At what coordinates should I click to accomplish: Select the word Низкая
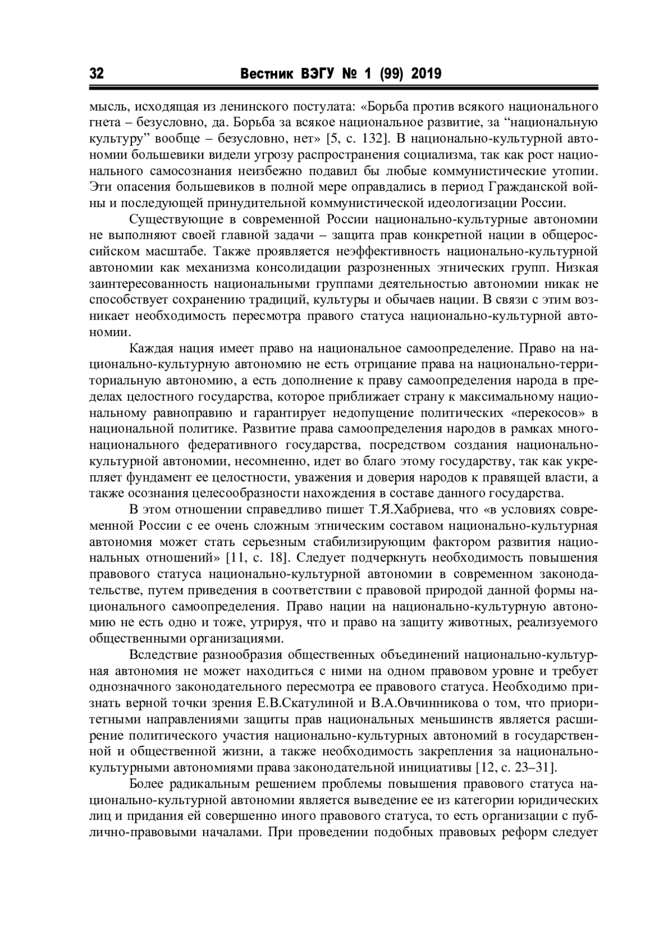(x=581, y=266)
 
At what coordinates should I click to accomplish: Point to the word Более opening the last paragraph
(x=148, y=785)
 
